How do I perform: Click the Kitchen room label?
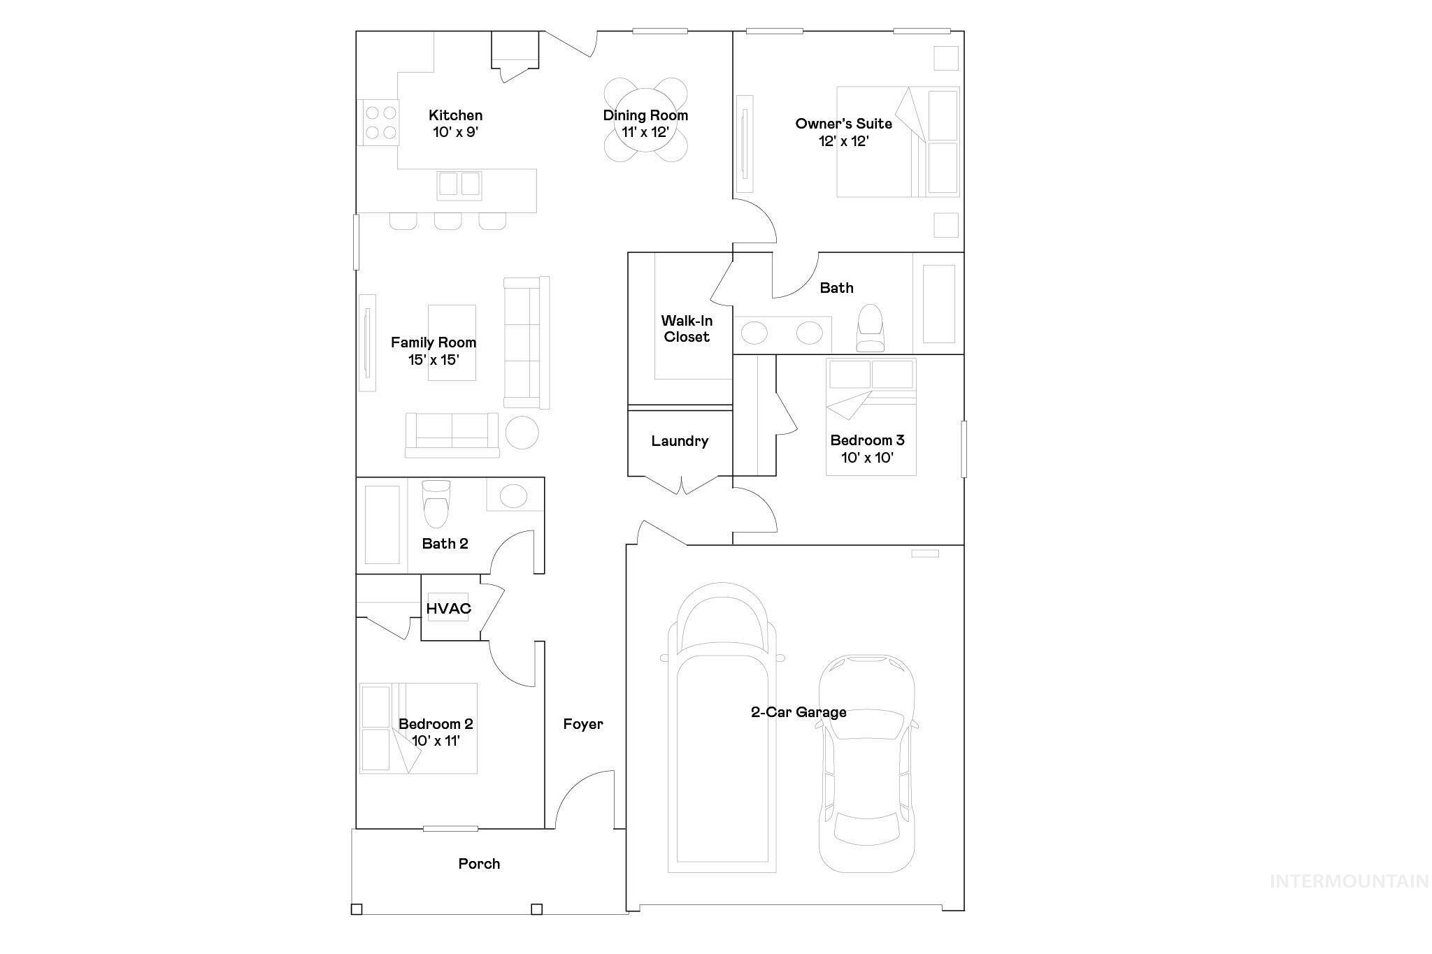pyautogui.click(x=455, y=115)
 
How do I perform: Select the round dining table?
pyautogui.click(x=645, y=120)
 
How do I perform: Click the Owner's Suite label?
pyautogui.click(x=843, y=124)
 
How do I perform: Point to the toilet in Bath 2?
pyautogui.click(x=436, y=504)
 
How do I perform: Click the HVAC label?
pyautogui.click(x=448, y=609)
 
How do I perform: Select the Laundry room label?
pyautogui.click(x=680, y=441)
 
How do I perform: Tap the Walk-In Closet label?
pyautogui.click(x=687, y=328)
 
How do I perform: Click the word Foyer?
pyautogui.click(x=583, y=724)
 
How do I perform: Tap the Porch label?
pyautogui.click(x=479, y=864)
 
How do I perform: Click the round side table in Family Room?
pyautogui.click(x=522, y=433)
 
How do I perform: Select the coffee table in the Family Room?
pyautogui.click(x=452, y=342)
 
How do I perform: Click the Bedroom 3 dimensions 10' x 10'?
pyautogui.click(x=867, y=458)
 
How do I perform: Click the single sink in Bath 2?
pyautogui.click(x=513, y=496)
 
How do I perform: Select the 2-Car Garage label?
pyautogui.click(x=799, y=712)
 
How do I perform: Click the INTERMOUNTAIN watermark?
pyautogui.click(x=1349, y=881)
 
